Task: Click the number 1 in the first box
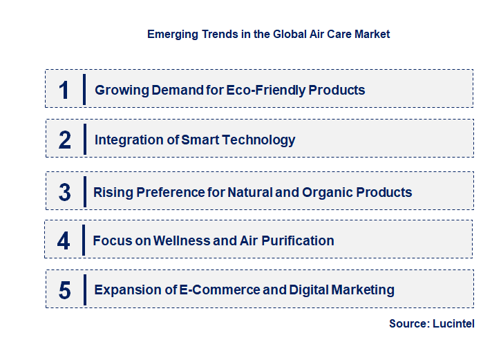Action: (x=64, y=89)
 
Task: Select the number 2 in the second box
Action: (x=65, y=140)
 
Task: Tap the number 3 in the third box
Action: (x=64, y=192)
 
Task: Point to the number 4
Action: (x=64, y=240)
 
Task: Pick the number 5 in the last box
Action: (x=64, y=290)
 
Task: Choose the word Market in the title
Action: (x=372, y=34)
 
